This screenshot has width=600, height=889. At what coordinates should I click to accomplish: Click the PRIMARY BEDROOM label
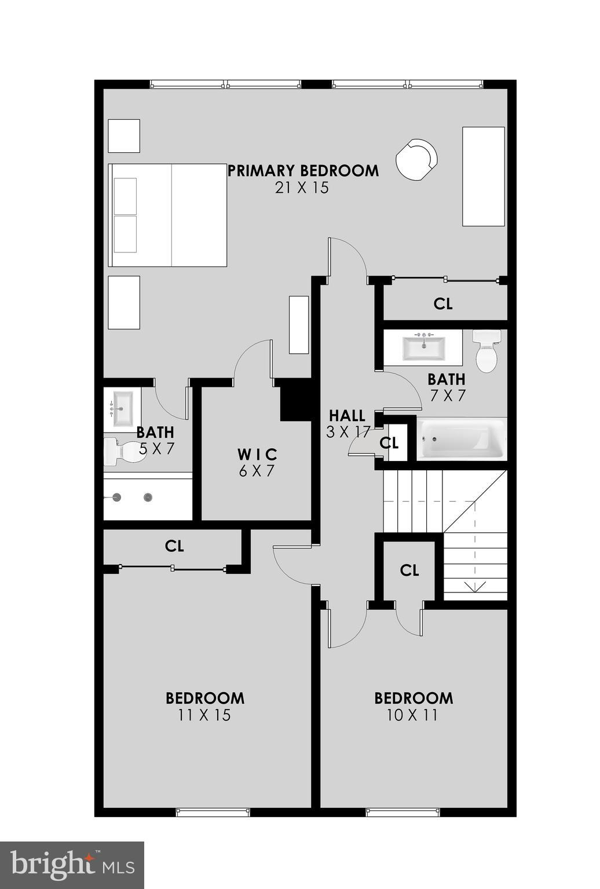[303, 171]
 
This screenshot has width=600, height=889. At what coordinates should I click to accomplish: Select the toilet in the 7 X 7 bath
[486, 351]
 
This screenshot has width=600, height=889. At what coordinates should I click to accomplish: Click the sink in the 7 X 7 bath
[423, 347]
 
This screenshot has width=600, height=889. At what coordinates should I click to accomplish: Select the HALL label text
[347, 416]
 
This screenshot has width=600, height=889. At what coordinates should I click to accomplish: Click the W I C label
[257, 455]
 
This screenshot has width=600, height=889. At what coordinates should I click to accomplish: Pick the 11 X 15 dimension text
[204, 715]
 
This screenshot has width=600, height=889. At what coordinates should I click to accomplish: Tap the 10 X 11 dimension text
[412, 715]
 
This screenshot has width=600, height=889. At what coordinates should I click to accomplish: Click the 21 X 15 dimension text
[302, 188]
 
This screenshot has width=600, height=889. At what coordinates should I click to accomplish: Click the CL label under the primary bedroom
[443, 303]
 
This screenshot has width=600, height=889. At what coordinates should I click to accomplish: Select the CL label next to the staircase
[409, 570]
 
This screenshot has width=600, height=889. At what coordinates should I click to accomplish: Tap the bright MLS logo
[72, 865]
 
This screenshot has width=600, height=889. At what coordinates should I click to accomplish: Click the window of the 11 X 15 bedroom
[213, 813]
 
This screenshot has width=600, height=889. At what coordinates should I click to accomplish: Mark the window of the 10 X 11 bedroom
[403, 813]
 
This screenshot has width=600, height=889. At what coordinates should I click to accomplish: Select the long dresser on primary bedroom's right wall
[483, 176]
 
